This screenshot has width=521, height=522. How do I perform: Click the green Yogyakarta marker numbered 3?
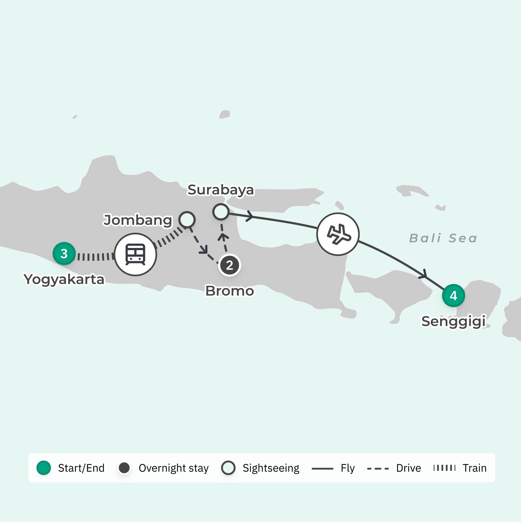coord(64,253)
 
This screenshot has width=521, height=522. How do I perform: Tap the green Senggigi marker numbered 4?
coord(453,295)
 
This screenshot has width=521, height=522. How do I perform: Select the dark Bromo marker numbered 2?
coord(230,265)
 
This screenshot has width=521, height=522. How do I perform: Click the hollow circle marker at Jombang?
coord(187,220)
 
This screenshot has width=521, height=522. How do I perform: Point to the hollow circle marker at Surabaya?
coord(221,212)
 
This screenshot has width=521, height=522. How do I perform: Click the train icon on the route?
coord(135,254)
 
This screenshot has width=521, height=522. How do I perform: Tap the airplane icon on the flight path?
coord(338,234)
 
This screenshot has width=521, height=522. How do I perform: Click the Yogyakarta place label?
coord(64,279)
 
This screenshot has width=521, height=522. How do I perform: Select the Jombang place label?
coord(138,220)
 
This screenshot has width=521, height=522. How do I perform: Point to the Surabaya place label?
coord(221,190)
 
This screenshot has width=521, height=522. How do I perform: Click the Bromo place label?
coord(230,291)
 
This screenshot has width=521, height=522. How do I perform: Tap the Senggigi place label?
coord(453,321)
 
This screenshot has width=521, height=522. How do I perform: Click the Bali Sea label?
coord(443,238)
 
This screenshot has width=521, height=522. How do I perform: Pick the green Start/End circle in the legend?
coord(44,468)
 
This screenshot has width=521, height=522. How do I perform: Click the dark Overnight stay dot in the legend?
coord(124,468)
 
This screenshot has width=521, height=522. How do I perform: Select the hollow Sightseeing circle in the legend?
coord(228,468)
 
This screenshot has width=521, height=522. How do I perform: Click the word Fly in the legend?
coord(348,468)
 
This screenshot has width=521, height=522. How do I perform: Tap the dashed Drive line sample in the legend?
coord(378,468)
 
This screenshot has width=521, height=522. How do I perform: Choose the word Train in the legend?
coord(474,468)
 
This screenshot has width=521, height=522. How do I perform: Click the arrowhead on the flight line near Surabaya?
coord(250,216)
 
